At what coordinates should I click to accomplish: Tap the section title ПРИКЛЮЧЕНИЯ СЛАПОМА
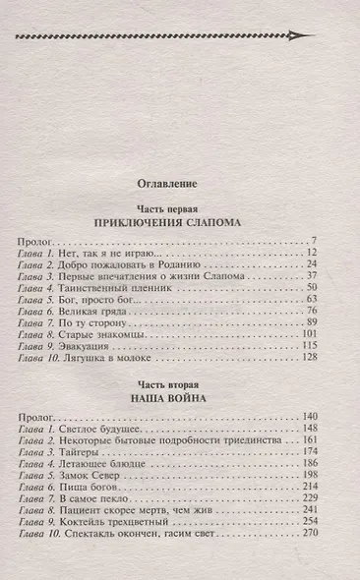179,223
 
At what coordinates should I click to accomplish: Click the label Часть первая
179,209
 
